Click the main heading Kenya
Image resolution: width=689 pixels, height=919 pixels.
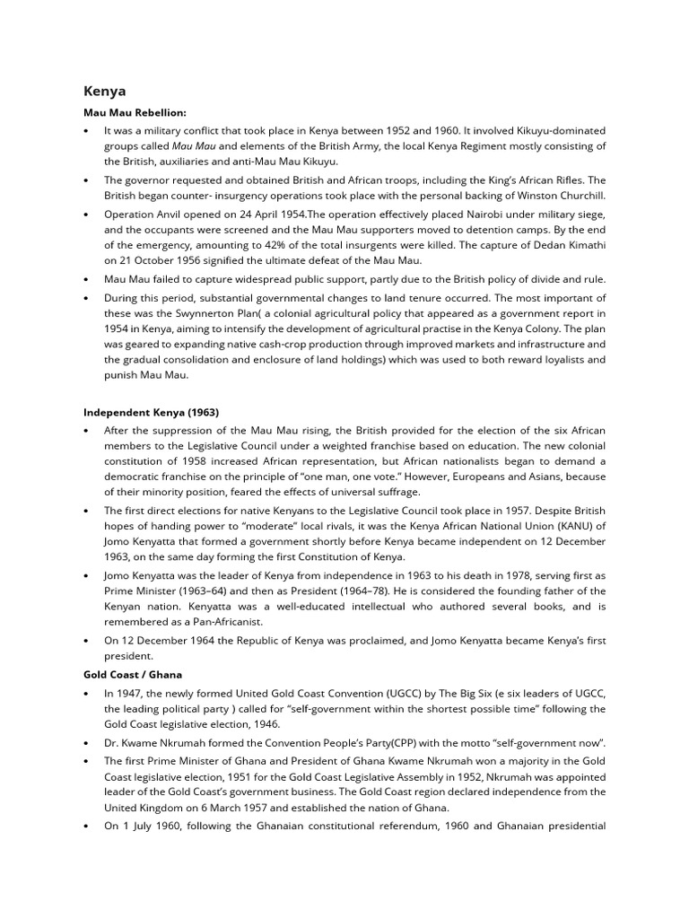(x=105, y=91)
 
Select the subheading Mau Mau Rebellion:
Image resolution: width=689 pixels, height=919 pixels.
(x=135, y=113)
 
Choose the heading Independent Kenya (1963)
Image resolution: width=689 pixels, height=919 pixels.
(x=152, y=412)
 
